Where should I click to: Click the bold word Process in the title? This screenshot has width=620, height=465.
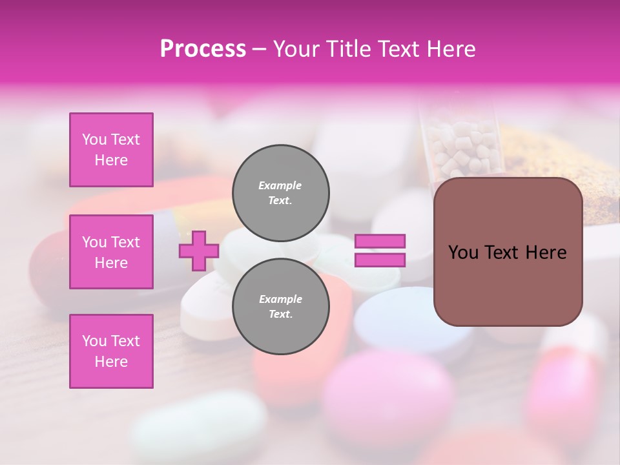[x=203, y=49]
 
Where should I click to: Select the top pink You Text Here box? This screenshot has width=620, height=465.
[x=111, y=150]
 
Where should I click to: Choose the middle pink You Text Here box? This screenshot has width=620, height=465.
[x=111, y=252]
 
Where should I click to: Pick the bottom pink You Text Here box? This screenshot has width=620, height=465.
[x=111, y=351]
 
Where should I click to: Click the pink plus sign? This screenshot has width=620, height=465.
[x=198, y=251]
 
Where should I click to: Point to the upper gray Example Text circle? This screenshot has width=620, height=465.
[x=280, y=193]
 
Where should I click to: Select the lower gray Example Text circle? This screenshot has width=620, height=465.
[x=280, y=307]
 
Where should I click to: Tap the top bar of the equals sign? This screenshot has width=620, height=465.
[x=380, y=241]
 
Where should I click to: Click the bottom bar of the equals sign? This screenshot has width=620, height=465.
[x=380, y=260]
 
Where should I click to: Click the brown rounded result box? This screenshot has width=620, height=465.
[x=508, y=252]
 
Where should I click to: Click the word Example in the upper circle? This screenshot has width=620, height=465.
[x=280, y=185]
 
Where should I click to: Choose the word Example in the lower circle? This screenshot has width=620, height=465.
[x=280, y=299]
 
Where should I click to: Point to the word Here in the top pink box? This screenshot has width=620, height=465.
[x=111, y=160]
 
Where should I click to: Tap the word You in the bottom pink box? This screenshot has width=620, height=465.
[x=94, y=341]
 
